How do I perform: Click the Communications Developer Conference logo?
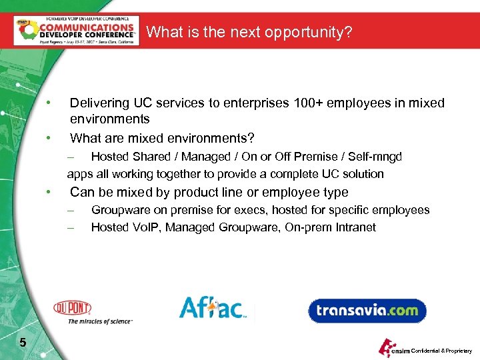(x=77, y=31)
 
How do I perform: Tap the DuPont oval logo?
(x=73, y=308)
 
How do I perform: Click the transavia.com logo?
(x=367, y=310)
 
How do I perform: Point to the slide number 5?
(x=23, y=343)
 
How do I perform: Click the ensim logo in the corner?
(x=392, y=348)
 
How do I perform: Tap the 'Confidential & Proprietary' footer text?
(x=442, y=351)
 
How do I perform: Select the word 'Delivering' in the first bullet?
(x=99, y=103)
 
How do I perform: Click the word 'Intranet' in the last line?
(x=354, y=227)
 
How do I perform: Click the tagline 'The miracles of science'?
(x=101, y=321)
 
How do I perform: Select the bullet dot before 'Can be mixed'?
(x=49, y=193)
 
